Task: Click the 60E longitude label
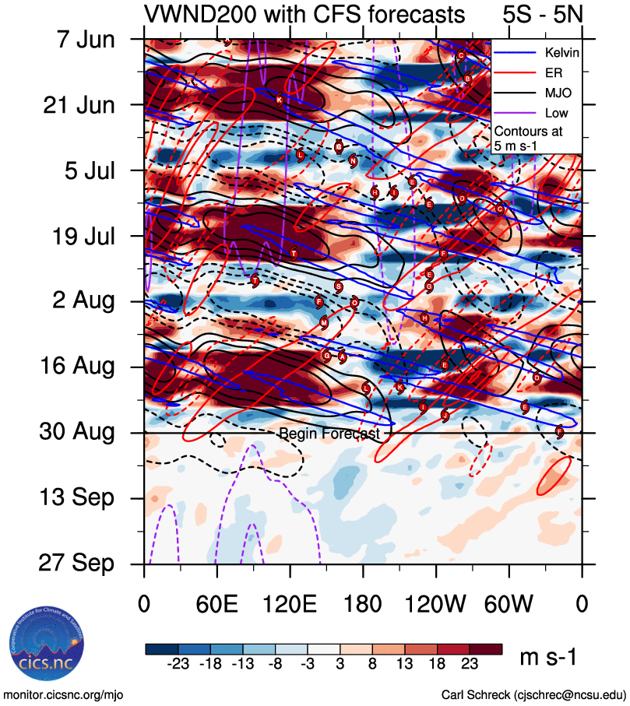pyautogui.click(x=216, y=603)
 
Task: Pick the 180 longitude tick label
pyautogui.click(x=363, y=603)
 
